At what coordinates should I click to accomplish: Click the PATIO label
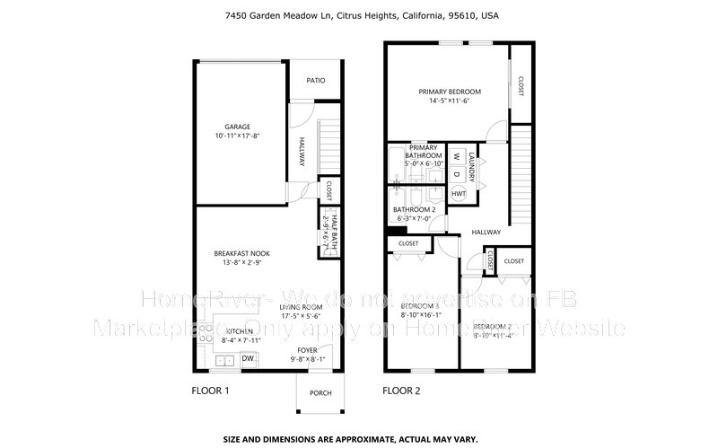click(x=315, y=81)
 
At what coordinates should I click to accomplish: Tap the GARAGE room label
click(x=237, y=127)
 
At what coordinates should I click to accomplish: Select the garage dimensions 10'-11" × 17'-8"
click(x=237, y=136)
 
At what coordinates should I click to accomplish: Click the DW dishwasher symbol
click(x=247, y=358)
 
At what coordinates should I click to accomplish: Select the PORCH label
click(x=320, y=392)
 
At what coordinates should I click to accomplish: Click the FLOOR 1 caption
click(x=211, y=391)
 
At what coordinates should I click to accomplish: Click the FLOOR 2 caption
click(x=401, y=391)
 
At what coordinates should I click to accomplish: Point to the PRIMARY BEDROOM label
click(x=450, y=92)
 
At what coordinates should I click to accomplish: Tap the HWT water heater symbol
click(x=459, y=193)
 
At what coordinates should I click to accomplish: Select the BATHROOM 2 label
click(x=413, y=209)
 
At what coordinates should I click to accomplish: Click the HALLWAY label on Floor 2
click(x=486, y=232)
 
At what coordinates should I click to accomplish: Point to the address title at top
click(x=359, y=15)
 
